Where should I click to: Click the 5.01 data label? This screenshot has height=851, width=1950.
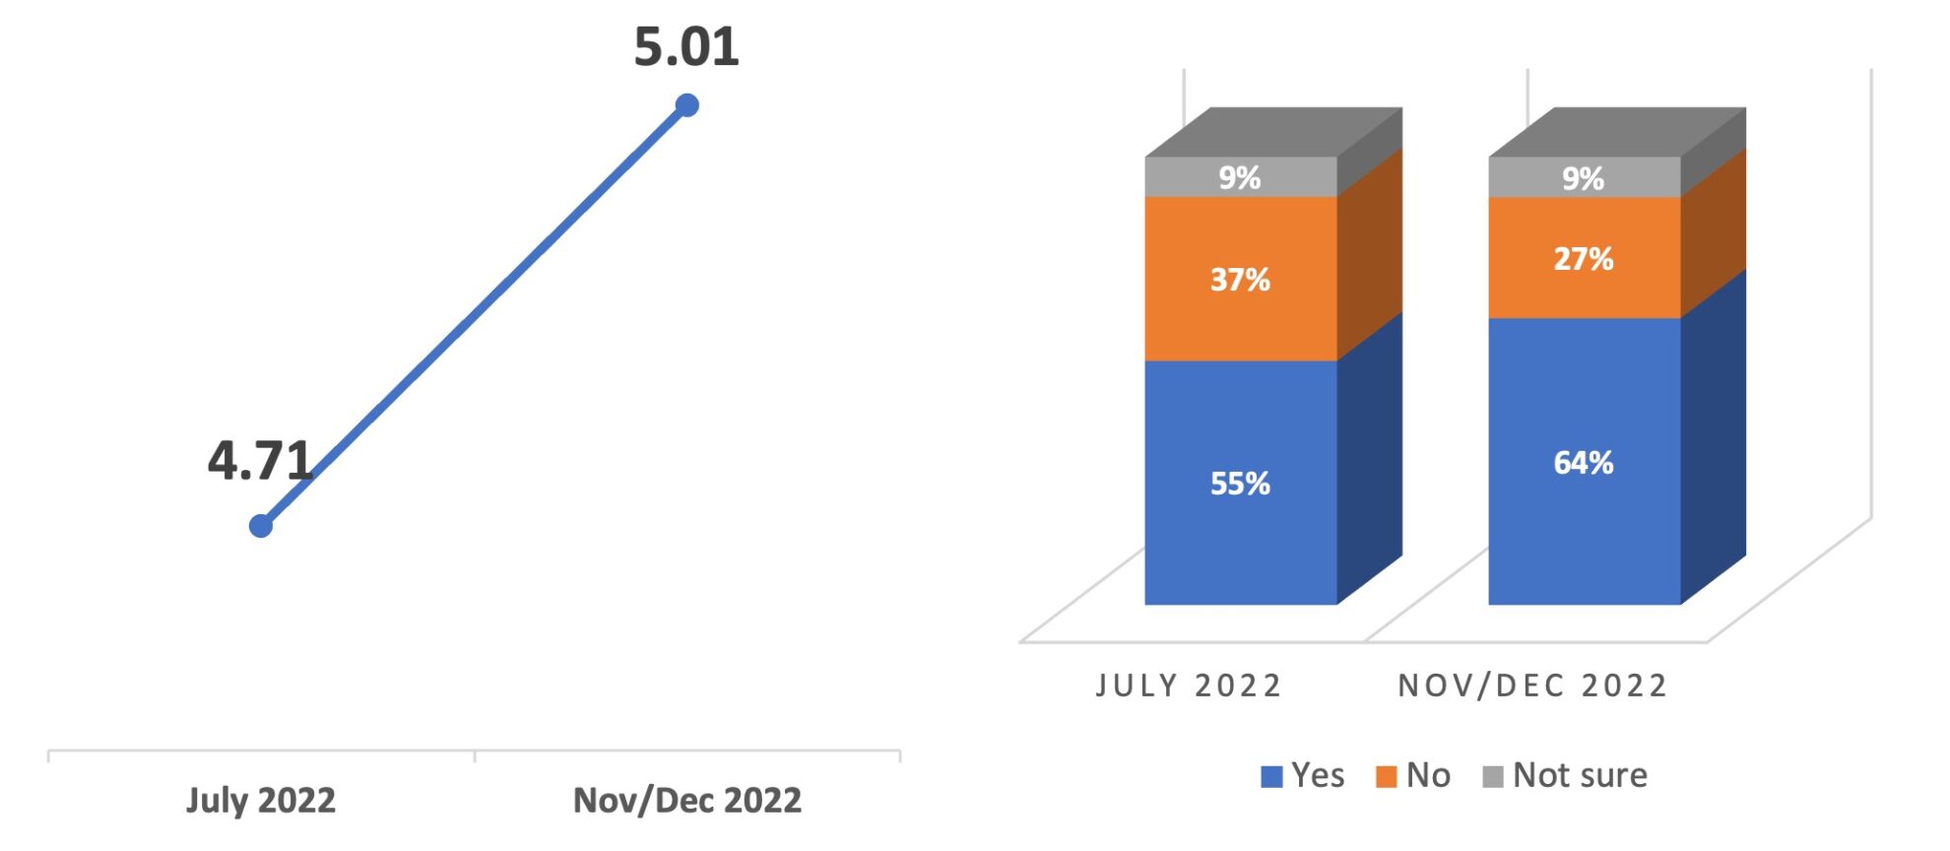686,47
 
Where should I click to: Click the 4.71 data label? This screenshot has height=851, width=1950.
260,461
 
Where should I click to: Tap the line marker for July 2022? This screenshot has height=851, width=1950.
261,526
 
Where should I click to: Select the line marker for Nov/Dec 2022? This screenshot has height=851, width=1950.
687,105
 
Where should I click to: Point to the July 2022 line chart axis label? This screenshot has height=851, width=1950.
261,800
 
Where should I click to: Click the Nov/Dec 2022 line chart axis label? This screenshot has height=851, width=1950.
687,800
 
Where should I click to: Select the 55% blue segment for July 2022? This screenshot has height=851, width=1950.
1240,483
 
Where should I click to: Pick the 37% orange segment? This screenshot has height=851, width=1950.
1240,280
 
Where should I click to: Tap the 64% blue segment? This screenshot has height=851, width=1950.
1584,462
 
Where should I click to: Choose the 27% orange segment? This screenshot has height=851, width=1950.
1584,258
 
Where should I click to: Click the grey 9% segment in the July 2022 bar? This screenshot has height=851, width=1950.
1240,177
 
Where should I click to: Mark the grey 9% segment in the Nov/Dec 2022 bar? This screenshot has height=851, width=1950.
1584,178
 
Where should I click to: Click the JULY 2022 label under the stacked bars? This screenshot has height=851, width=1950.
1189,686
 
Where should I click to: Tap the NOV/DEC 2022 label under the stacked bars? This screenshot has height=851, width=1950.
1532,686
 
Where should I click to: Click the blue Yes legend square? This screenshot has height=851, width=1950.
1271,777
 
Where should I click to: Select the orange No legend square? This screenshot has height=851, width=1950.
1387,777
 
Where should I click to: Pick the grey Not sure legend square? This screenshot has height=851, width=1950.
1493,777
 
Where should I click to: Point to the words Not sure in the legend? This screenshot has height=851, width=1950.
1580,776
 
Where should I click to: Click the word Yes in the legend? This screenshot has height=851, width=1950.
1318,776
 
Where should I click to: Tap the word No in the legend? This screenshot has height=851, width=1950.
1428,776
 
